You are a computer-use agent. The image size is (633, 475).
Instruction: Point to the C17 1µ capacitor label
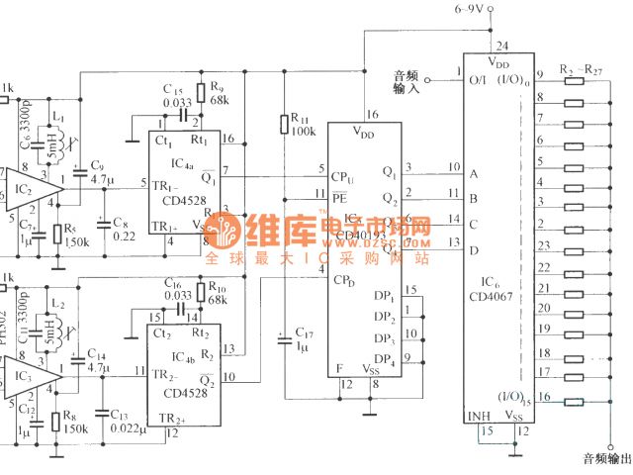[305, 339]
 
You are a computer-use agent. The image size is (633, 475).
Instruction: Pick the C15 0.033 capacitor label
[177, 96]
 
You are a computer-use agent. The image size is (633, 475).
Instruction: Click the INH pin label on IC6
[478, 416]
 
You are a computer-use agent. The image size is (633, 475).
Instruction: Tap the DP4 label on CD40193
[383, 358]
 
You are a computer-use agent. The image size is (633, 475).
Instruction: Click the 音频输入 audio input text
[407, 81]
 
